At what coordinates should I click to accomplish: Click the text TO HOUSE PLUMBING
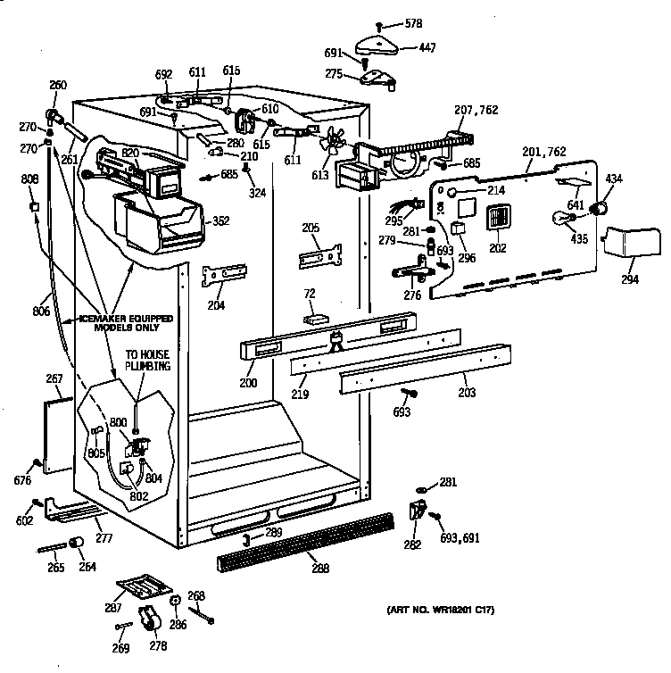(146, 359)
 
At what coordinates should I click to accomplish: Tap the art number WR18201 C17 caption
(441, 610)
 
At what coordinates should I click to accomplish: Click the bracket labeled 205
(320, 255)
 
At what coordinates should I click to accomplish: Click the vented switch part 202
(498, 218)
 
